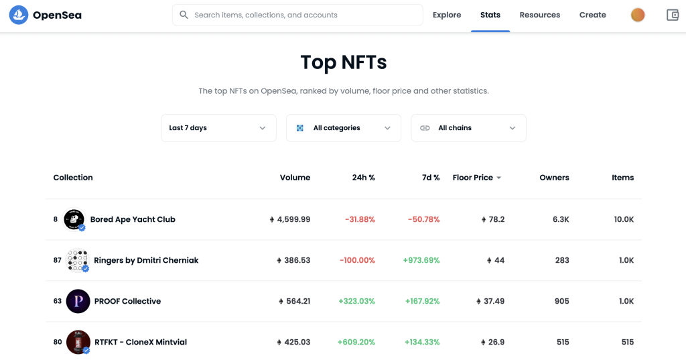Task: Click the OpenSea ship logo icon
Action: point(18,15)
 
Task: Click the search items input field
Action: point(297,15)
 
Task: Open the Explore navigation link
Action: point(447,15)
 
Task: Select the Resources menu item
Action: point(539,15)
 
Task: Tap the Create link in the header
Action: point(592,15)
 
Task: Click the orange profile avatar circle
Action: point(638,15)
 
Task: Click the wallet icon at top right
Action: point(673,15)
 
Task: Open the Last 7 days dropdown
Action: point(219,128)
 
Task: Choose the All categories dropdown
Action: point(344,128)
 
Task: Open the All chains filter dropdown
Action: point(468,128)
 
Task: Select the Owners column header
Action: point(554,178)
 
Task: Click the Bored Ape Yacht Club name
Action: point(133,219)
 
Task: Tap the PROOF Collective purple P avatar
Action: point(78,301)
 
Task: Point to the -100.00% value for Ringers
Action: point(358,260)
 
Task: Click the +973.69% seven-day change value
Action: point(421,260)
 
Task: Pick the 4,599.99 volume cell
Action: point(289,219)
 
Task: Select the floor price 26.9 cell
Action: point(492,342)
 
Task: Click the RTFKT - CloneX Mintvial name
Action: point(141,342)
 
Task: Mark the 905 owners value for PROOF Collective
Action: point(562,301)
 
